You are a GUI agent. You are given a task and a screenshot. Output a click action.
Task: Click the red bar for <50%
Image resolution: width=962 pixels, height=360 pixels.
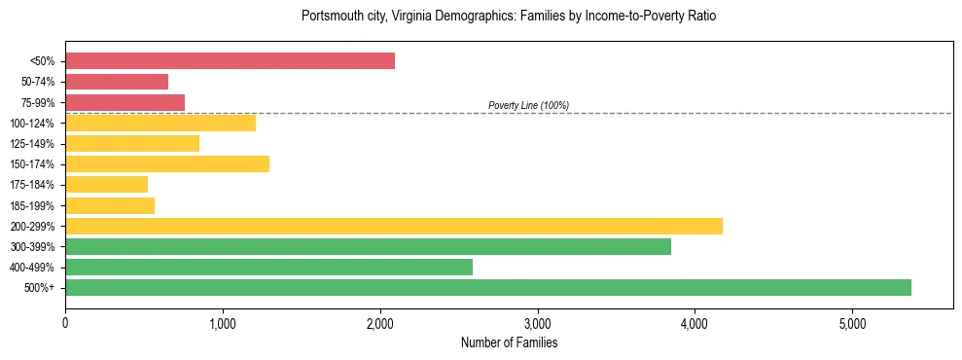click(230, 61)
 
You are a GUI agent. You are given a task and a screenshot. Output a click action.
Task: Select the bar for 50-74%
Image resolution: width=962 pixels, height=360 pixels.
click(117, 82)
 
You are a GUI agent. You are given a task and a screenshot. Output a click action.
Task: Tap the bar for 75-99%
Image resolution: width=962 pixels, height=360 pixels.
click(125, 102)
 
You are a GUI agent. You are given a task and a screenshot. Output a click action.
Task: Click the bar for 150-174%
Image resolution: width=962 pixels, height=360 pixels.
click(167, 164)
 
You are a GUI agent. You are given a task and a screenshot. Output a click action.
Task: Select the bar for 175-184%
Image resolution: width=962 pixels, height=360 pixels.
click(106, 185)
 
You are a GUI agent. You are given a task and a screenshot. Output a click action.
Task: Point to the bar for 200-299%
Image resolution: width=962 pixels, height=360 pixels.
click(394, 226)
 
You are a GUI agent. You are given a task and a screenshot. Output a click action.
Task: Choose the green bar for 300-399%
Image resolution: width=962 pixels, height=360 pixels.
click(368, 247)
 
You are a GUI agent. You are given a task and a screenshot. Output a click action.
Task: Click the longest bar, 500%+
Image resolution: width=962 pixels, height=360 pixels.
click(488, 288)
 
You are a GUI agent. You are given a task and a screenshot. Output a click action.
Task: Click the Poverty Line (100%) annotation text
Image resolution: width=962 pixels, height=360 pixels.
click(528, 105)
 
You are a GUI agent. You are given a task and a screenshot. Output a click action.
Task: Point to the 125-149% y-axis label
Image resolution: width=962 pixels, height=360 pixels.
click(32, 144)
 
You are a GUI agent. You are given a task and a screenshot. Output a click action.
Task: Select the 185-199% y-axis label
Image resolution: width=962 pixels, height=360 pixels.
click(32, 206)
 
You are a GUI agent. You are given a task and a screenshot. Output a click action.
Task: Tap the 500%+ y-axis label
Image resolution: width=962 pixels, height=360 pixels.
click(40, 288)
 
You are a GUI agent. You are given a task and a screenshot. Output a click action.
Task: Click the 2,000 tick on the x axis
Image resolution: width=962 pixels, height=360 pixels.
click(380, 323)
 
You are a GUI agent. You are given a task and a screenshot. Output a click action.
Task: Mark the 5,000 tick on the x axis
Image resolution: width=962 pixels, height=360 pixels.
click(852, 323)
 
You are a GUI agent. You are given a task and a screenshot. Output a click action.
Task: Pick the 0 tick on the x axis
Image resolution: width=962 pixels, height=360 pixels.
click(65, 323)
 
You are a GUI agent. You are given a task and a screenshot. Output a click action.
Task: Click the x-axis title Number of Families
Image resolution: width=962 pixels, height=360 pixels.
click(509, 342)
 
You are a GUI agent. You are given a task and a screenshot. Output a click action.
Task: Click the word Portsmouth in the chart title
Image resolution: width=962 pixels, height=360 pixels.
click(332, 17)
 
